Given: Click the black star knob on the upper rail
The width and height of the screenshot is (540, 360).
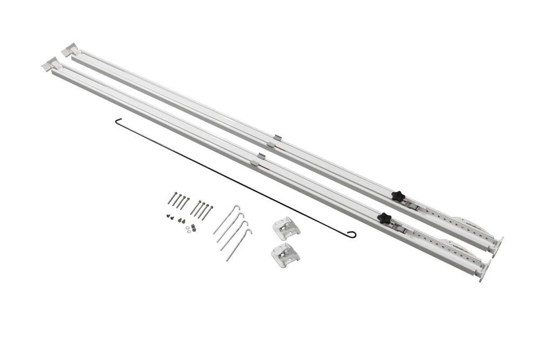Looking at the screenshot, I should (x=397, y=196).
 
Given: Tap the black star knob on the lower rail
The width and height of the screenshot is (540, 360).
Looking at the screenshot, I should (x=384, y=218).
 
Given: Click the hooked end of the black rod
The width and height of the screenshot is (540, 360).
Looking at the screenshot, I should (x=352, y=234).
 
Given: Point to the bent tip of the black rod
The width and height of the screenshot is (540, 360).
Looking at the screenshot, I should (x=116, y=121).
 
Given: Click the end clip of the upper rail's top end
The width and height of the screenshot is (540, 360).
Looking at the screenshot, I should (x=69, y=50).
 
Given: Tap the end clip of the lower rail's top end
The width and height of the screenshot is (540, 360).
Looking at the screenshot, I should (x=50, y=64).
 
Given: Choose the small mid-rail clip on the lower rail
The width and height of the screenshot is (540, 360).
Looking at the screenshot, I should (x=259, y=159).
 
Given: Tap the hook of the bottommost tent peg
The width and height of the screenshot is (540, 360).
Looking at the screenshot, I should (x=249, y=232).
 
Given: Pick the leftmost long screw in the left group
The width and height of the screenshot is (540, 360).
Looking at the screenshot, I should (x=172, y=199).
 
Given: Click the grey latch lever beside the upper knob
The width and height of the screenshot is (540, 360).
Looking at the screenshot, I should (x=413, y=206).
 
